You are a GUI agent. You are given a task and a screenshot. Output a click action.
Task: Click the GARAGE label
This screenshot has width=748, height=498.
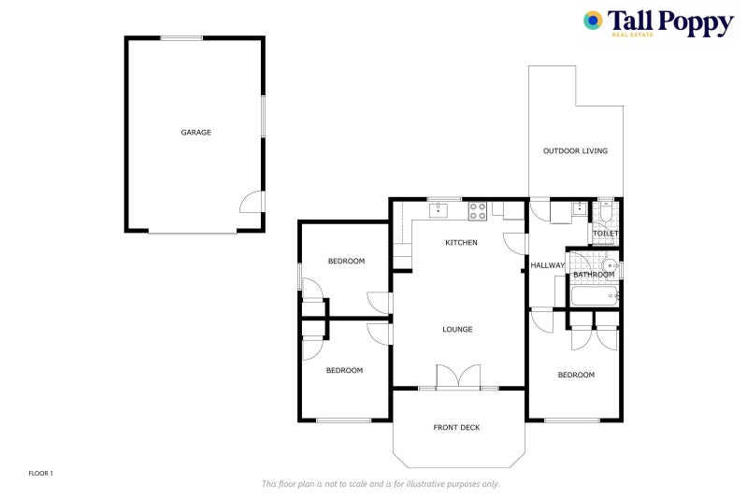195,133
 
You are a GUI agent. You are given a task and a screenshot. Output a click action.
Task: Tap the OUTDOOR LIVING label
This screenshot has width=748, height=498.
575,151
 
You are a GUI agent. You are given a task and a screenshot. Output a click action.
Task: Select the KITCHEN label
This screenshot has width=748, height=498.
461,243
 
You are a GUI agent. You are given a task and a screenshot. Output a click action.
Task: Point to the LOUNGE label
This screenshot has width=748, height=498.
457,329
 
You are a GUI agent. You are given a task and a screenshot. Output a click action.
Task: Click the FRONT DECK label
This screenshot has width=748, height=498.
456,428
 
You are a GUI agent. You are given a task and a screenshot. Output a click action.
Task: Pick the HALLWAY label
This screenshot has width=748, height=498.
548,266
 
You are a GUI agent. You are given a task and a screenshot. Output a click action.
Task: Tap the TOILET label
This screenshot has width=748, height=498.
605,234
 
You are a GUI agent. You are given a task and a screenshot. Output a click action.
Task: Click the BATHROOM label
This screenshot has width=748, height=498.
593,275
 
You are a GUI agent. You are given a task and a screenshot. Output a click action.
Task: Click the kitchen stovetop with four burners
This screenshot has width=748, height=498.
478,210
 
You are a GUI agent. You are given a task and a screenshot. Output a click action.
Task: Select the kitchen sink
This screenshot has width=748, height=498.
440,210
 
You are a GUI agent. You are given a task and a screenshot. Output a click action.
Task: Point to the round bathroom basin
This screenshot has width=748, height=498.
611,265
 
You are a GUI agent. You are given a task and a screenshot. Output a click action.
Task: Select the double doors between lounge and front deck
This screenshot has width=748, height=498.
458,377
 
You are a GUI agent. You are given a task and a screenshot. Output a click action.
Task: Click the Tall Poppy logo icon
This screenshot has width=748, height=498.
593,21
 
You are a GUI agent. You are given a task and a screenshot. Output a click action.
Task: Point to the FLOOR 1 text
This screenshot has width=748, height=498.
41,474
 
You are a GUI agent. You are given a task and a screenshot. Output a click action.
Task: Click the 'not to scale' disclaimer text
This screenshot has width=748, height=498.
381,484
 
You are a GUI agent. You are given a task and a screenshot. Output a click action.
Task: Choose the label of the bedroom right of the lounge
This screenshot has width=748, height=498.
576,376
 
